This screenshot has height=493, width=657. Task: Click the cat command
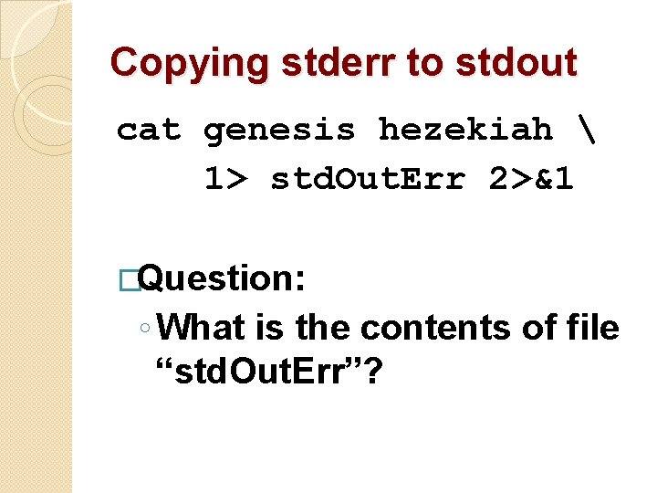coord(149,131)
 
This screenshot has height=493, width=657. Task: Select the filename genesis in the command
coord(279,131)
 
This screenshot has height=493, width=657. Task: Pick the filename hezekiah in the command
coord(465,131)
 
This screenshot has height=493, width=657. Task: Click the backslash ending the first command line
coord(585,130)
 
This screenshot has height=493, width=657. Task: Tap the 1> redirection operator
coord(224,180)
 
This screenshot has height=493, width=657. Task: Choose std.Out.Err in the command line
coord(367,180)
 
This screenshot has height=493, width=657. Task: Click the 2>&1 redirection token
coord(531,180)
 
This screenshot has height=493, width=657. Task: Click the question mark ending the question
coord(371,372)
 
